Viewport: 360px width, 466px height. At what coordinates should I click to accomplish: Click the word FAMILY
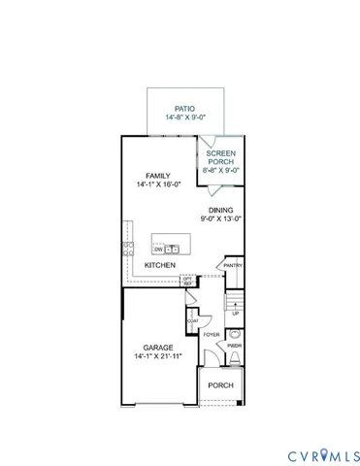point(157,176)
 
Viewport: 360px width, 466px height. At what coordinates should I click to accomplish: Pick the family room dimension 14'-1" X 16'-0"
point(157,185)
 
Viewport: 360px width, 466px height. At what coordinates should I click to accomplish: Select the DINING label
point(222,209)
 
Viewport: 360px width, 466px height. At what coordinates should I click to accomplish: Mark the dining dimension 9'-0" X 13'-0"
point(222,218)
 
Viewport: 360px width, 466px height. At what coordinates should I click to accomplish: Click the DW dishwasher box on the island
point(158,250)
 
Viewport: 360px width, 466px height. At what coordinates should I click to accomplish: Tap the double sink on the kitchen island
point(175,250)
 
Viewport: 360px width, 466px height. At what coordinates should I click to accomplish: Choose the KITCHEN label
point(160,265)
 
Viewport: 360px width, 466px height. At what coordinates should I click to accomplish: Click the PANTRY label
point(233,265)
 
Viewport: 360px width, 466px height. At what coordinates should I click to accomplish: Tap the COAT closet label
point(193,321)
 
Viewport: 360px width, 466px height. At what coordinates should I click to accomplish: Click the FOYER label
point(211,335)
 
